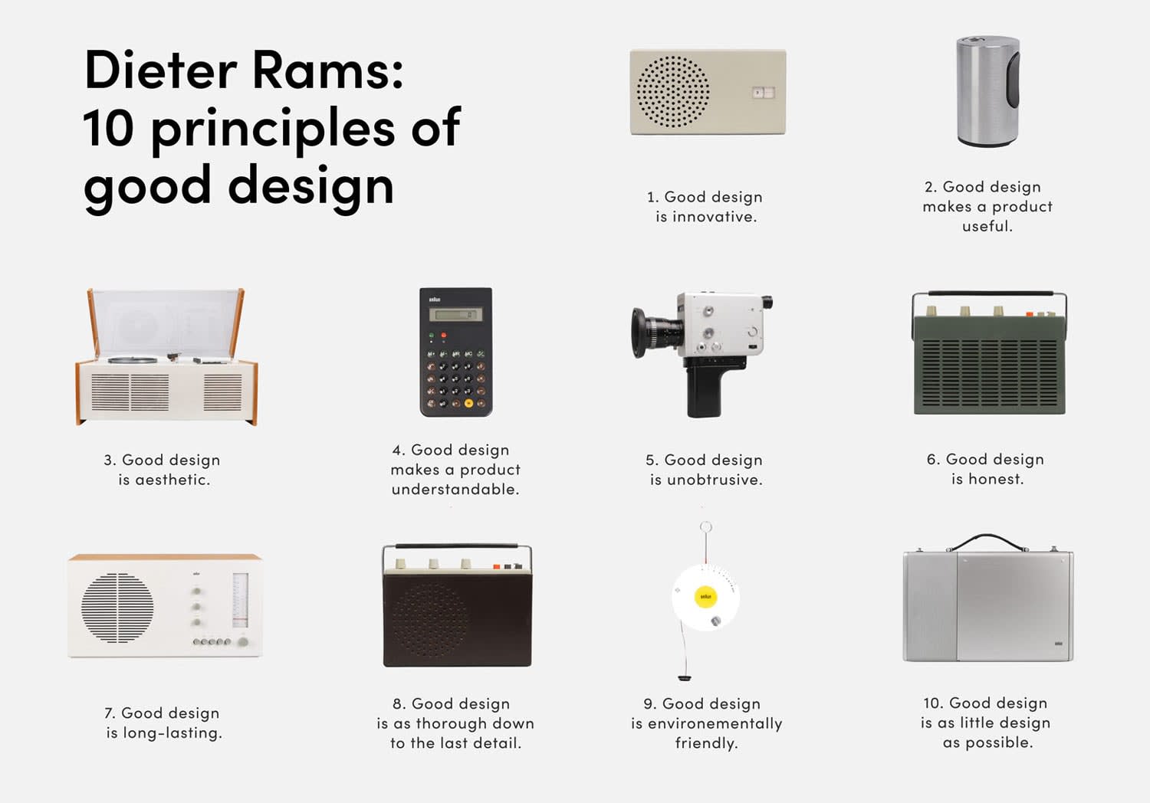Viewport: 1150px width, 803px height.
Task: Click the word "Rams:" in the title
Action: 327,70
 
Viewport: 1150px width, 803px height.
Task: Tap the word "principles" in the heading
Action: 272,129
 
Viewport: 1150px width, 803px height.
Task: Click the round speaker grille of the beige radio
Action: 672,91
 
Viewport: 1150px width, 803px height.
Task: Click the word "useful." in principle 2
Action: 987,226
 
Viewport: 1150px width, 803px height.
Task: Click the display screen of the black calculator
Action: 455,314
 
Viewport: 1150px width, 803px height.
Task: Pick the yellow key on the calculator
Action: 468,403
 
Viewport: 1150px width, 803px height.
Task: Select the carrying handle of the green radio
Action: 989,294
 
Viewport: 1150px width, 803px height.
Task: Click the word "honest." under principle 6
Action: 987,479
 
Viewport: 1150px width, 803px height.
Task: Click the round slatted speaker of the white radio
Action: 117,608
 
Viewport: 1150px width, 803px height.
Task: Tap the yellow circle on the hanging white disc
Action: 705,596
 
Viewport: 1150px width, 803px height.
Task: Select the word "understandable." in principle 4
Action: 455,490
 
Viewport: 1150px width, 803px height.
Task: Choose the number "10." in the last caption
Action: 932,703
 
